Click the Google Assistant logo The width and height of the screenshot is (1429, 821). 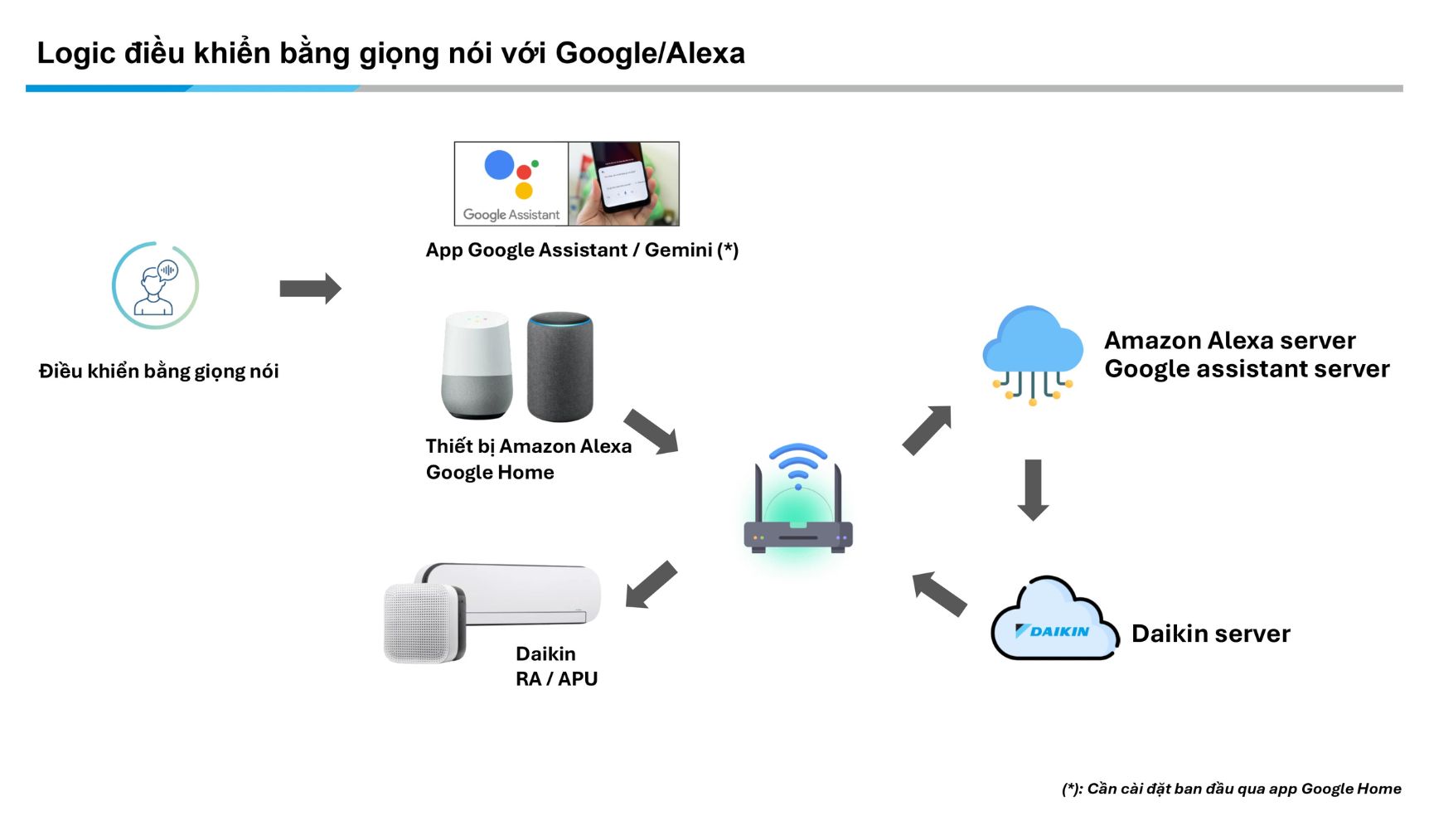pyautogui.click(x=511, y=183)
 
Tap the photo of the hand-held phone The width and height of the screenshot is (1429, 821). pyautogui.click(x=623, y=183)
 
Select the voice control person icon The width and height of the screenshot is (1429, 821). pyautogui.click(x=156, y=286)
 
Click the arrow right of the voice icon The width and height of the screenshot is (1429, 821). pyautogui.click(x=310, y=289)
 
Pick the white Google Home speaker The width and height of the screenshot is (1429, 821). pyautogui.click(x=477, y=364)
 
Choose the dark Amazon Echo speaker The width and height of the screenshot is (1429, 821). pyautogui.click(x=560, y=366)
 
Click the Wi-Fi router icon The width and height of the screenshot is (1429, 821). pyautogui.click(x=797, y=501)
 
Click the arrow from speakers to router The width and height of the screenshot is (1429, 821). pyautogui.click(x=652, y=431)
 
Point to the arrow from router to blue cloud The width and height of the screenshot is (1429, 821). pyautogui.click(x=927, y=430)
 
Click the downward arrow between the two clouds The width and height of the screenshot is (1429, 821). pyautogui.click(x=1033, y=489)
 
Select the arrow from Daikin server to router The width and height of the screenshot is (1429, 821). pyautogui.click(x=939, y=593)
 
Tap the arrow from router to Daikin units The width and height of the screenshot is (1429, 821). pyautogui.click(x=652, y=584)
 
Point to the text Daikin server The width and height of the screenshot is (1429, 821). pyautogui.click(x=1210, y=634)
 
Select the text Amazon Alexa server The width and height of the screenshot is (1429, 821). pyautogui.click(x=1229, y=340)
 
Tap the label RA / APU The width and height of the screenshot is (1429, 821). pyautogui.click(x=556, y=678)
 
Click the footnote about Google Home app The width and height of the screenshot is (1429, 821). pyautogui.click(x=1231, y=789)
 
